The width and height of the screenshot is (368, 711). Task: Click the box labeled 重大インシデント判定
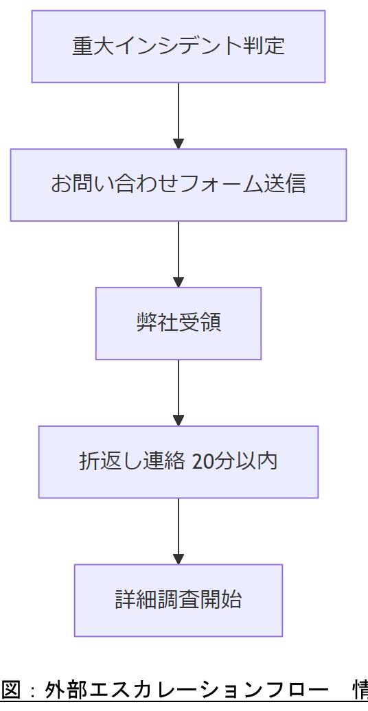[x=178, y=47]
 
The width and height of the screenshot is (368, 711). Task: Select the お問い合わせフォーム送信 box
[x=178, y=185]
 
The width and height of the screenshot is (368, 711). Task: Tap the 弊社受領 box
[x=178, y=323]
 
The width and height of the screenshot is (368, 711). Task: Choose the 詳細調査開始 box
[x=178, y=601]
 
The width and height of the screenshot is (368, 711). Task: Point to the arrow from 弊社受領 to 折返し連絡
[x=179, y=393]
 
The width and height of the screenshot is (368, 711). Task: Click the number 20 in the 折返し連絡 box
[x=204, y=462]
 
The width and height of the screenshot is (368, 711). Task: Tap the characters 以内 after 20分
[x=257, y=462]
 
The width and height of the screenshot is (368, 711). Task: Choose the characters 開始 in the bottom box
[x=221, y=601]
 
